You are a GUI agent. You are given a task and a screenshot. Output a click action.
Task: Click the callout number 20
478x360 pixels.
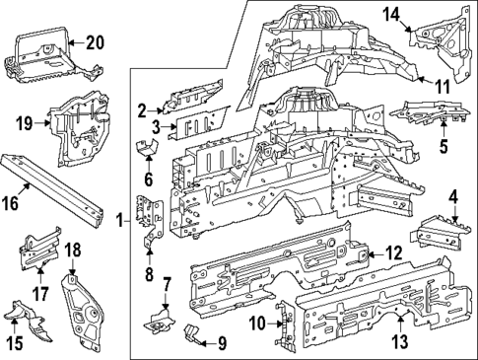94,41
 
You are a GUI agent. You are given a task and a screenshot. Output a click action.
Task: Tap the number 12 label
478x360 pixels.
393,253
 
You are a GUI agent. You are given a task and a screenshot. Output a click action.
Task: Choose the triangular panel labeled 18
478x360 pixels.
86,309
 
